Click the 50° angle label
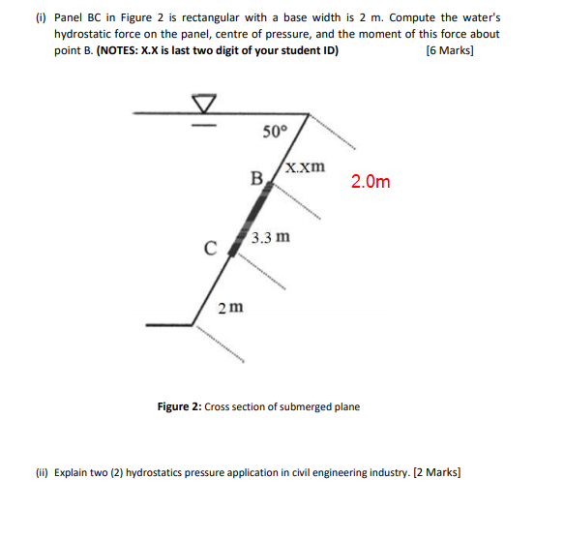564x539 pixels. coord(276,132)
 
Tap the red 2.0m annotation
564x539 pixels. coord(371,181)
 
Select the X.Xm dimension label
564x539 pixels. coord(306,165)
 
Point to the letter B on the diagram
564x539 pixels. coord(256,177)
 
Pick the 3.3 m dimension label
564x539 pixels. coord(270,237)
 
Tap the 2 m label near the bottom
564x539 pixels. coord(230,308)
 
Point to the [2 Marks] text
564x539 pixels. coord(436,473)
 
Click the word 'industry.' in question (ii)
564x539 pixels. coord(383,473)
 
